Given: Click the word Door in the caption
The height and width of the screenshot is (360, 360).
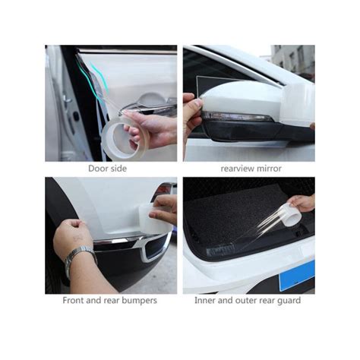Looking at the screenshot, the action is (x=96, y=169).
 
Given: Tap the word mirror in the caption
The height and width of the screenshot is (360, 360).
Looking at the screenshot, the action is (x=270, y=169).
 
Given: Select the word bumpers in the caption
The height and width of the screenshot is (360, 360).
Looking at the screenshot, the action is (x=140, y=301).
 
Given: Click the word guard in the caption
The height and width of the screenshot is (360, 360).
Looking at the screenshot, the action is (x=289, y=301).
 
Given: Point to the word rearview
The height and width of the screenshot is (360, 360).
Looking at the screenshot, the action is (x=238, y=169).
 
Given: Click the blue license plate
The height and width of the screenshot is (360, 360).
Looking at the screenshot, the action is (x=297, y=276).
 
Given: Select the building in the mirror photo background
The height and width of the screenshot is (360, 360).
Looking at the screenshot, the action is (x=293, y=61).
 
